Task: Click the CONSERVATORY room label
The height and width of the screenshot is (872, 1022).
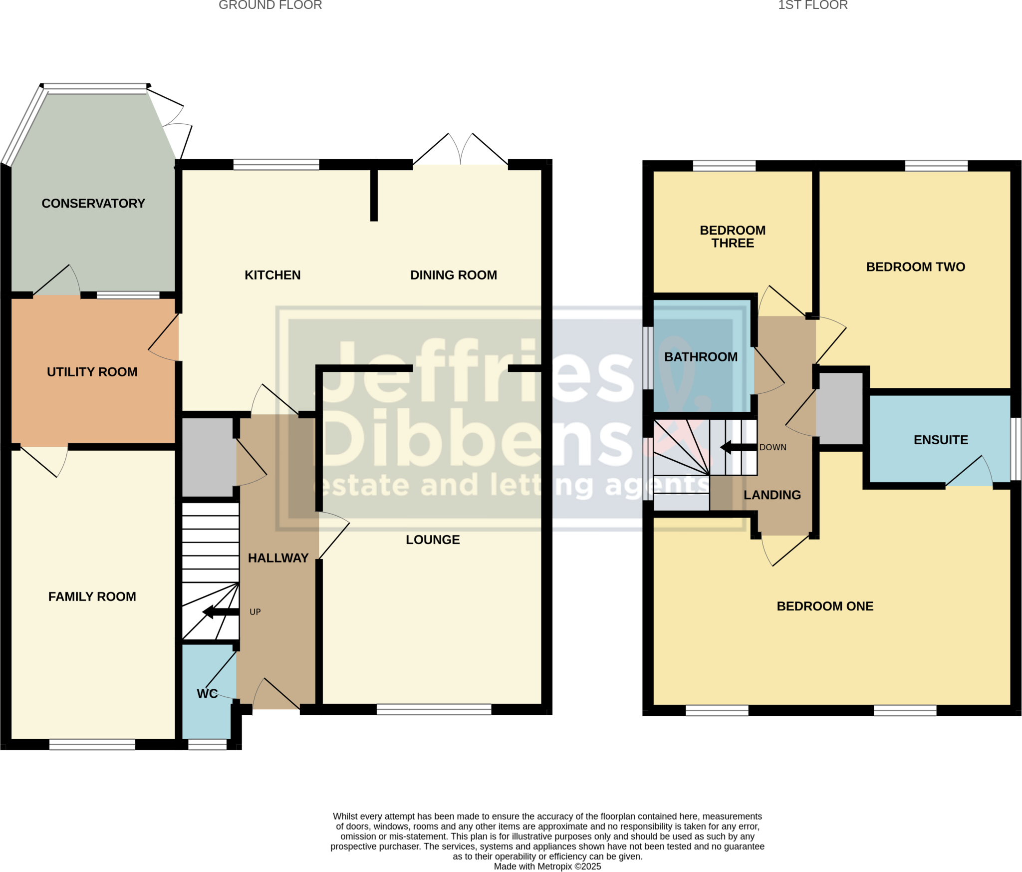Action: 93,203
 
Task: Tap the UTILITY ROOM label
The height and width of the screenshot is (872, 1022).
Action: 92,372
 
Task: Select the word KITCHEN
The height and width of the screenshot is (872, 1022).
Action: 272,275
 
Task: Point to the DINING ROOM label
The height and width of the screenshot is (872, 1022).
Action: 453,275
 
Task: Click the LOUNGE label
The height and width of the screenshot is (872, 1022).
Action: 433,540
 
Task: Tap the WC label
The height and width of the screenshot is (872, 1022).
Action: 207,694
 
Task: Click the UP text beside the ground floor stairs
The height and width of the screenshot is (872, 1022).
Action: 255,612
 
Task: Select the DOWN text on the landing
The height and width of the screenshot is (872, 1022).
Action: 772,447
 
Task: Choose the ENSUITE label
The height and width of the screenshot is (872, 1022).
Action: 941,440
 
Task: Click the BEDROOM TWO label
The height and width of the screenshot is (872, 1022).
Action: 915,267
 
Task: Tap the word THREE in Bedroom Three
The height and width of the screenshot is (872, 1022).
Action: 733,243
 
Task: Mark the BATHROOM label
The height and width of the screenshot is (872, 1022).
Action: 701,357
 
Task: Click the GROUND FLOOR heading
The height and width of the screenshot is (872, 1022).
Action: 270,5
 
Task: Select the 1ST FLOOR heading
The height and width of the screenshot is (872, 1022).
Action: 812,5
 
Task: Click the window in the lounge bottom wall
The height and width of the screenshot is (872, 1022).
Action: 434,709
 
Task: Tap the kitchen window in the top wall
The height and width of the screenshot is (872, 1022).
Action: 276,165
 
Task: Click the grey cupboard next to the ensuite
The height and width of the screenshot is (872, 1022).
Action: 841,408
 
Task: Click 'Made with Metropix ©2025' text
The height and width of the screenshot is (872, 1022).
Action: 547,867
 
